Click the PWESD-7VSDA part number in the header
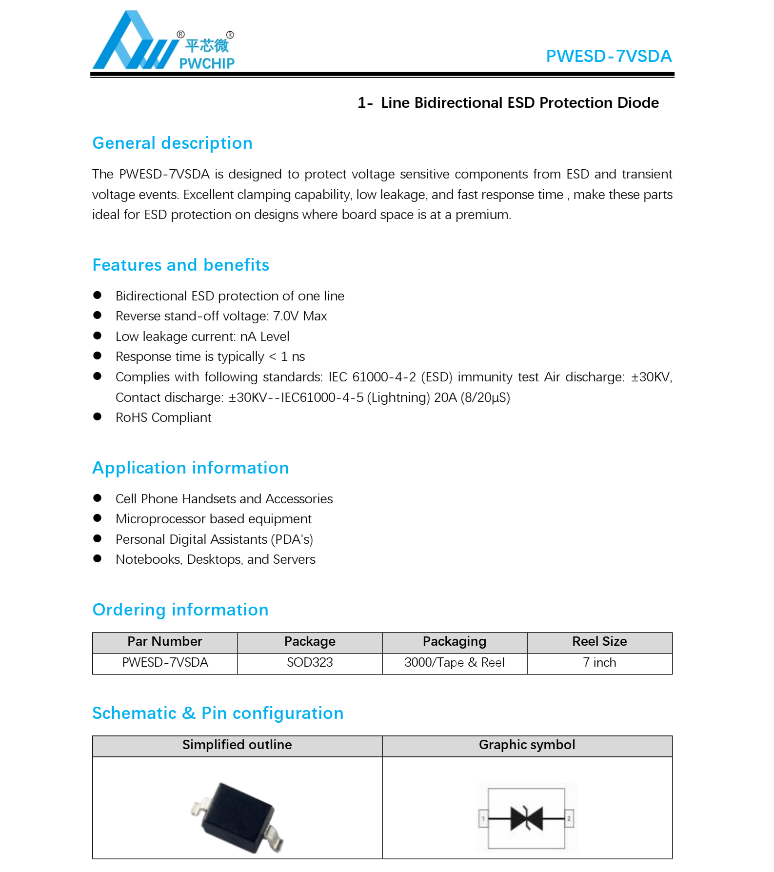pyautogui.click(x=608, y=57)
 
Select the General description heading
pyautogui.click(x=172, y=143)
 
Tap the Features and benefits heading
pyautogui.click(x=180, y=265)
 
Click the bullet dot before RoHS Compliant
pyautogui.click(x=98, y=417)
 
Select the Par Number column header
pyautogui.click(x=165, y=642)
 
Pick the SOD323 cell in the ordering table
pyautogui.click(x=310, y=663)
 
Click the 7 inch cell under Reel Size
pyautogui.click(x=599, y=663)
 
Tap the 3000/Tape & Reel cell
pyautogui.click(x=455, y=663)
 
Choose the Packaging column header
pyautogui.click(x=455, y=642)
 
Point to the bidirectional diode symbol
pyautogui.click(x=527, y=818)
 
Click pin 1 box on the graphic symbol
pyautogui.click(x=483, y=818)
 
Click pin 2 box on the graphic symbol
pyautogui.click(x=569, y=818)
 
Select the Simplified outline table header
pyautogui.click(x=237, y=745)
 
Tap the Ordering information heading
pyautogui.click(x=180, y=610)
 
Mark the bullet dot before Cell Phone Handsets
pyautogui.click(x=98, y=498)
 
